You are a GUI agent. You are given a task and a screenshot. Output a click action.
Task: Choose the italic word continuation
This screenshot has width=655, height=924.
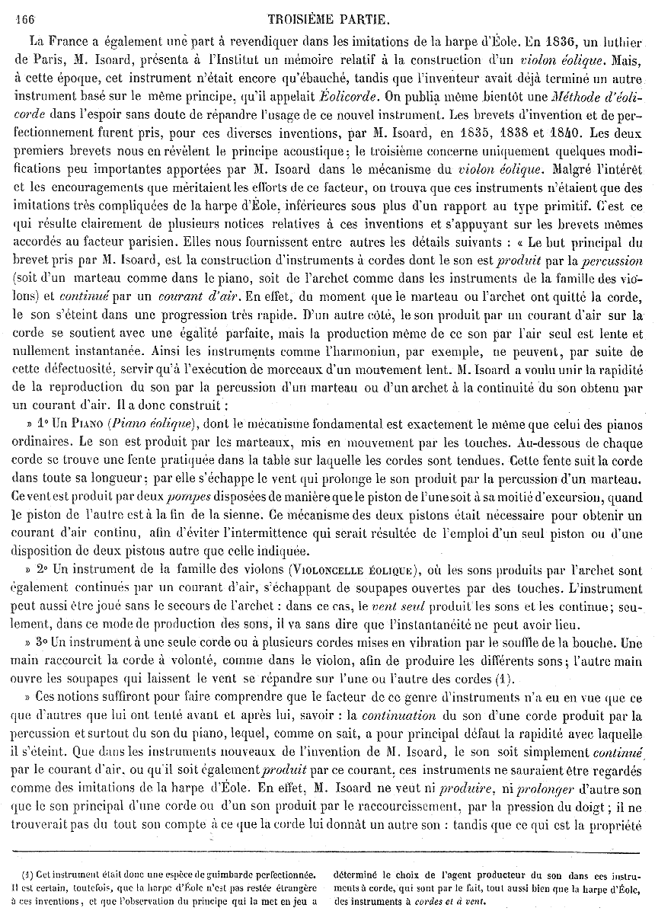click(399, 716)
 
